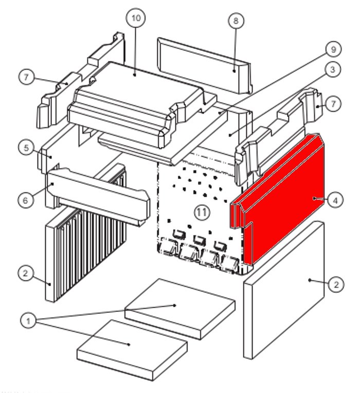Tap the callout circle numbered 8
point(236,21)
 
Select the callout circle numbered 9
point(333,50)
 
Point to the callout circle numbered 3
point(333,69)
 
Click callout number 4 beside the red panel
point(335,200)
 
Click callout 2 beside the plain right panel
point(335,284)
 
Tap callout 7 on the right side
point(333,104)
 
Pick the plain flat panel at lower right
point(285,290)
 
